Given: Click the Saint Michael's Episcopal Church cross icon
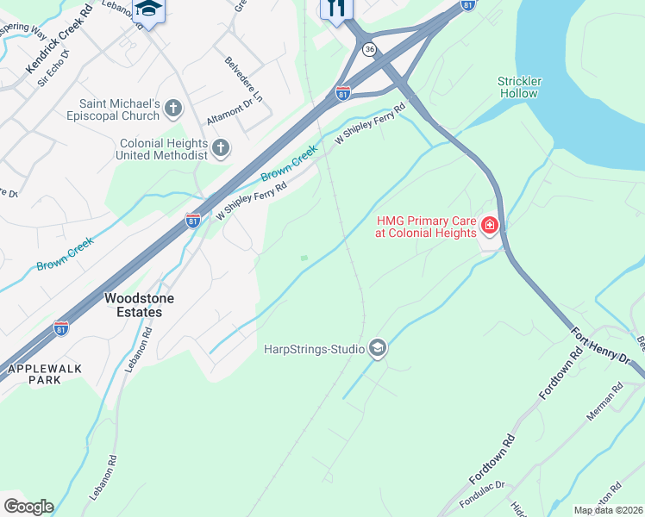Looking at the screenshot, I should point(173,108).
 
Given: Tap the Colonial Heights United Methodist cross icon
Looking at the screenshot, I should point(220,148).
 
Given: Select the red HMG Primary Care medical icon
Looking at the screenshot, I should point(489,226).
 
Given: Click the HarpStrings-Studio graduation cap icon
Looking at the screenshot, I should point(377,348).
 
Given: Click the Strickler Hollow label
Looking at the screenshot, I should point(519,86).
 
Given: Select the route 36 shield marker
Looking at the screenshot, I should point(369,49).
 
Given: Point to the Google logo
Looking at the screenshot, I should point(28,507).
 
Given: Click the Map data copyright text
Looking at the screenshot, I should point(608,510).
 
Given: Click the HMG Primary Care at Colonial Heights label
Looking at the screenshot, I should point(426,227).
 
